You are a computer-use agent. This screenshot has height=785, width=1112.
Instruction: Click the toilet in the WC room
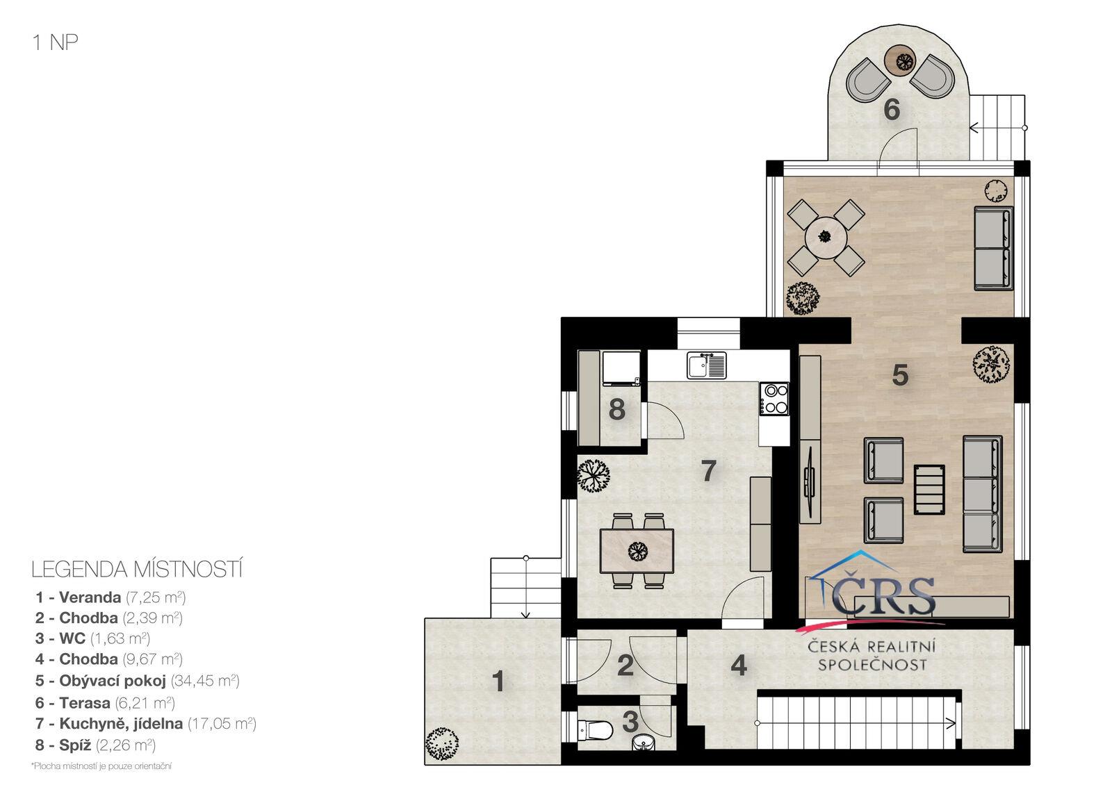point(595,730)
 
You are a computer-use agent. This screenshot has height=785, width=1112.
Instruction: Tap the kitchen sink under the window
point(706,365)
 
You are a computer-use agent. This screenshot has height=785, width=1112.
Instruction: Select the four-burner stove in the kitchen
point(774,399)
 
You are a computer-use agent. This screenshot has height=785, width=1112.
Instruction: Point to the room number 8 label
point(616,409)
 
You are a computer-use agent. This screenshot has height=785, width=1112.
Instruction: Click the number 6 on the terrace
point(892,109)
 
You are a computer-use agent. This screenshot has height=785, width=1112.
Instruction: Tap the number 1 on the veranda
point(498,681)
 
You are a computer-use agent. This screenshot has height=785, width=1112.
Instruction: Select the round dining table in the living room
point(826,237)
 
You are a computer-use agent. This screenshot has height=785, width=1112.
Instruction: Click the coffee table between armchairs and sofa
point(929,489)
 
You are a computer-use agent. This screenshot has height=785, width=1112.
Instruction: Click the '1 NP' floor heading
point(55,42)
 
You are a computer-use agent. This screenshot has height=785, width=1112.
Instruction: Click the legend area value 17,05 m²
point(222,723)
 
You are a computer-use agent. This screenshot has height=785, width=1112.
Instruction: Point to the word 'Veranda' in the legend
point(90,597)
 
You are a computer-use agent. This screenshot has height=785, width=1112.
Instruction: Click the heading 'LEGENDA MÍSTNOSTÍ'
point(137,570)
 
